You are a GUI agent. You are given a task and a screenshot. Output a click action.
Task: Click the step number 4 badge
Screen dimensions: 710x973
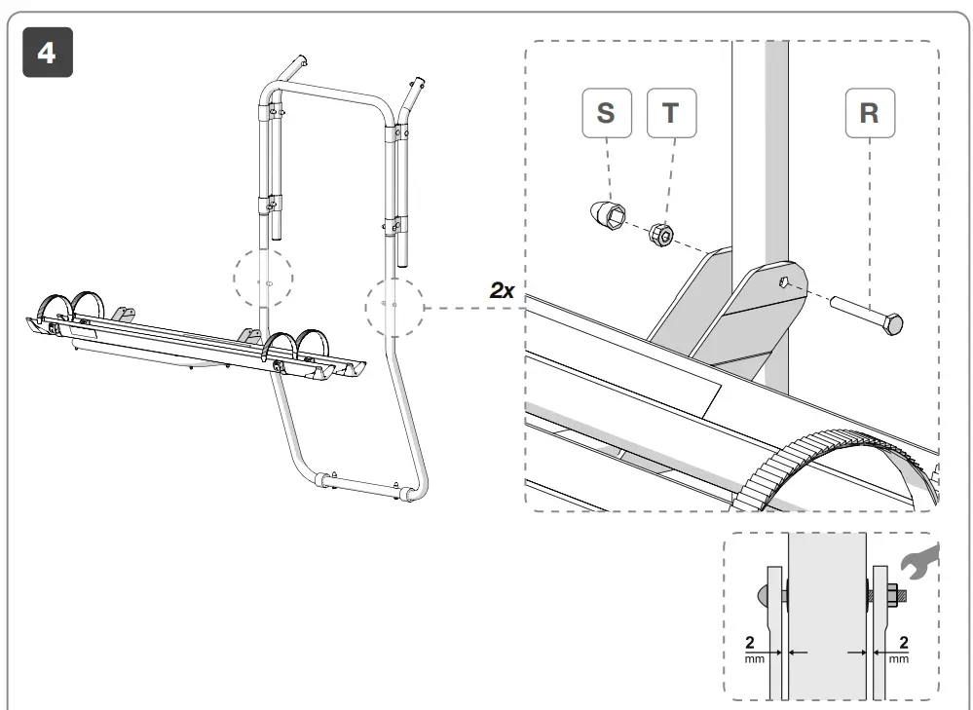coord(47,53)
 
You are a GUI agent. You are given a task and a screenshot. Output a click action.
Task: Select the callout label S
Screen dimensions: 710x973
coord(605,113)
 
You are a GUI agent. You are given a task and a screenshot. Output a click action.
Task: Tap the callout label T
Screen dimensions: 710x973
coord(670,113)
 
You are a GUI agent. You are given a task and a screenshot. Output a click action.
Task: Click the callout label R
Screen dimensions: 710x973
coord(869,113)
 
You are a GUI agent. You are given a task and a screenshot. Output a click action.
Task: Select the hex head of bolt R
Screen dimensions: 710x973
coord(893,323)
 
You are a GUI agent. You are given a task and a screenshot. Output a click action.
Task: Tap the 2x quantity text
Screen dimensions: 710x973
coord(503,291)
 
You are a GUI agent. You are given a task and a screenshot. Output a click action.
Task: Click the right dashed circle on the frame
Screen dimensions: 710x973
coord(393,306)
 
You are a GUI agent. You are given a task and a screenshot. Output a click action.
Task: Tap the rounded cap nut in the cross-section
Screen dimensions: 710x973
coord(761,594)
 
